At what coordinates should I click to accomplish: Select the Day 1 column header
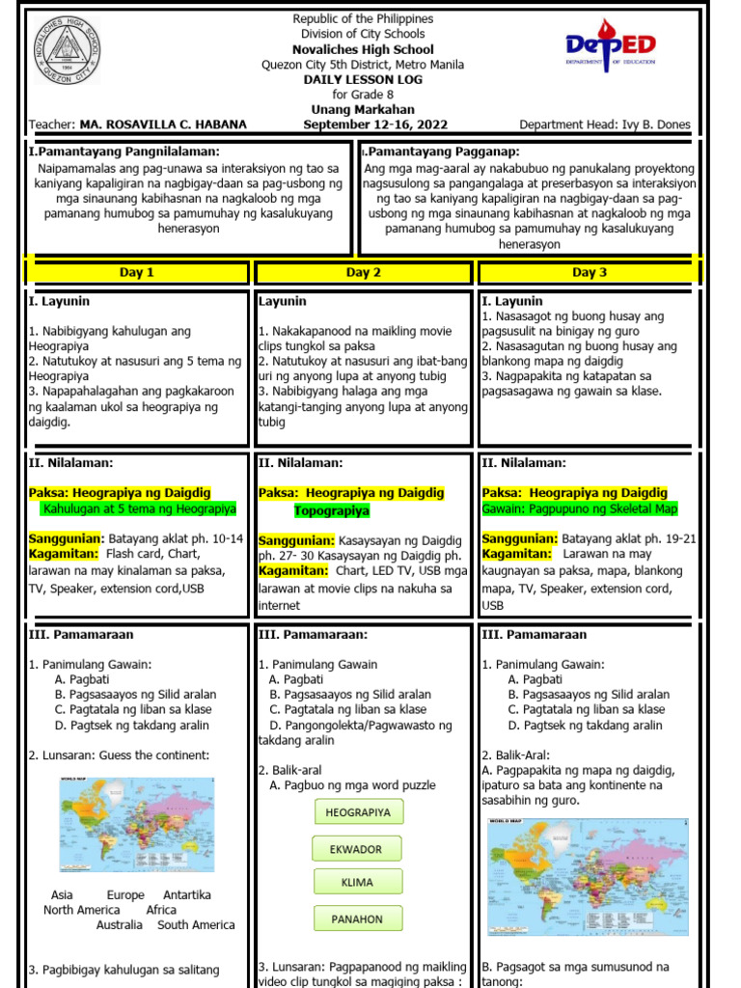coord(137,273)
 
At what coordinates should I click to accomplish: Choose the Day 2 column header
coord(364,273)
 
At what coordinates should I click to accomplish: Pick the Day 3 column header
coord(590,273)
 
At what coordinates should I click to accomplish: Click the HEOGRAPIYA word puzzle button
coord(358,812)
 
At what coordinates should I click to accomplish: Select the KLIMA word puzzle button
coord(358,883)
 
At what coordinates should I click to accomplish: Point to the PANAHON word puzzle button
coord(358,919)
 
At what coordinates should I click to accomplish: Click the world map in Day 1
coord(137,825)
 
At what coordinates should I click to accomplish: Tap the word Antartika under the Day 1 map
coord(187,895)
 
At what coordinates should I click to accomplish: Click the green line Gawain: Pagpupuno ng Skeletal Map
coord(580,508)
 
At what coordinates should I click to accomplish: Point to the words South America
coord(196,925)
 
